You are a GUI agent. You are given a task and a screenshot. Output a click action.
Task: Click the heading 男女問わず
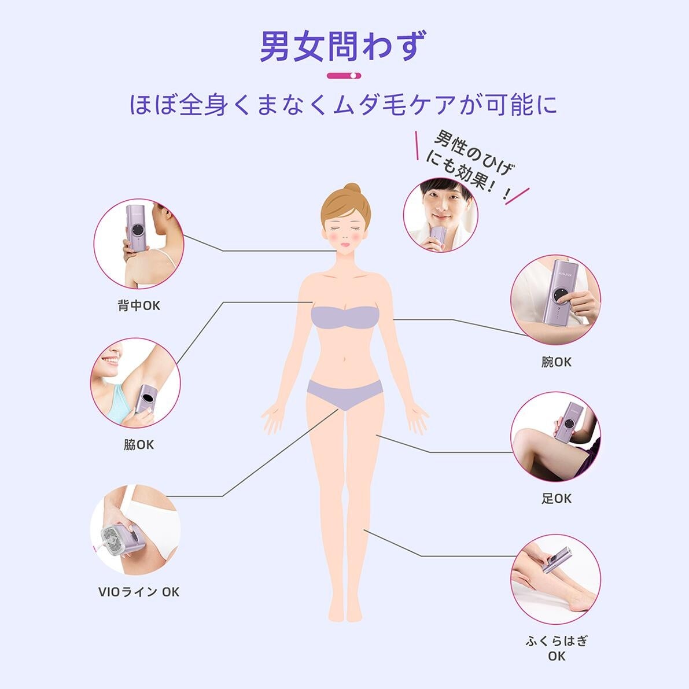pos(342,46)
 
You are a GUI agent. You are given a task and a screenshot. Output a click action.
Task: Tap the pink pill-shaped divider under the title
pos(344,76)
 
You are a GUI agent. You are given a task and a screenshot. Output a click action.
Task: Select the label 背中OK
pos(139,305)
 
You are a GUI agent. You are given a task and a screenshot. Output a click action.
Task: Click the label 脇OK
pos(139,445)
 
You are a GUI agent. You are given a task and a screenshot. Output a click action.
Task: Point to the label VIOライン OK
pos(139,592)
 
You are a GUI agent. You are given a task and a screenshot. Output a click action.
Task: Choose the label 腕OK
pos(557,362)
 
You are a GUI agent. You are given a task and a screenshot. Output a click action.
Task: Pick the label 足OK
pos(557,498)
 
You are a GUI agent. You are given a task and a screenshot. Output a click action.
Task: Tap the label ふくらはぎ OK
pos(557,649)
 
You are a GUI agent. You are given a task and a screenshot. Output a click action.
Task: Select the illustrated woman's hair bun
pos(352,190)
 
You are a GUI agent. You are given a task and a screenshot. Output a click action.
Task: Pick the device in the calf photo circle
pos(557,560)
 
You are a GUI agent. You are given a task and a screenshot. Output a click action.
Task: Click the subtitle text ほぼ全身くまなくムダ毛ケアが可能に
pos(343,105)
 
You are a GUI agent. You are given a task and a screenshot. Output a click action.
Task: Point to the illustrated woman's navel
pos(344,361)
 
